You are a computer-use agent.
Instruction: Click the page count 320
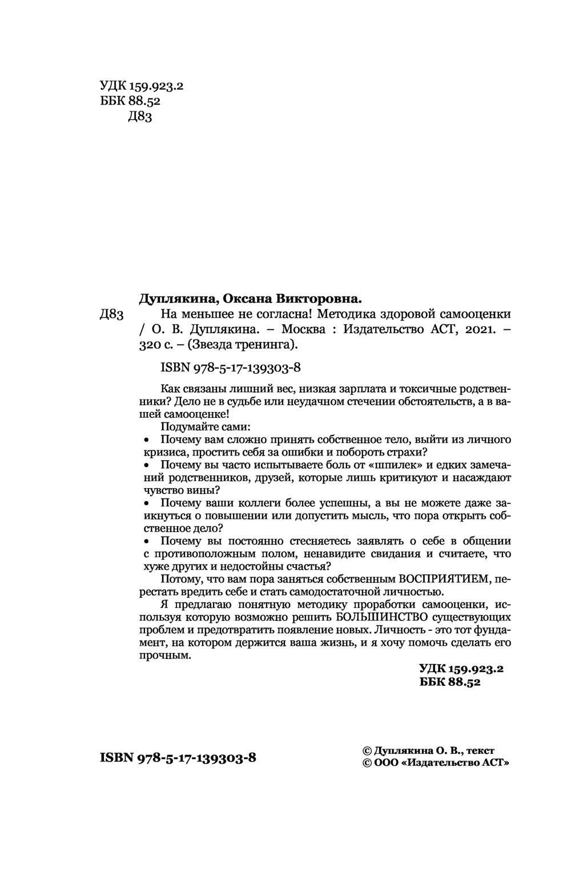pyautogui.click(x=151, y=345)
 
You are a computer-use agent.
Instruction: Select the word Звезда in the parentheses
pyautogui.click(x=221, y=345)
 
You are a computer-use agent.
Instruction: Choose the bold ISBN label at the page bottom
pyautogui.click(x=116, y=758)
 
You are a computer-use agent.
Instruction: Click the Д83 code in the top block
pyautogui.click(x=140, y=117)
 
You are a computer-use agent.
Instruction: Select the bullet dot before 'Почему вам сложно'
pyautogui.click(x=146, y=440)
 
